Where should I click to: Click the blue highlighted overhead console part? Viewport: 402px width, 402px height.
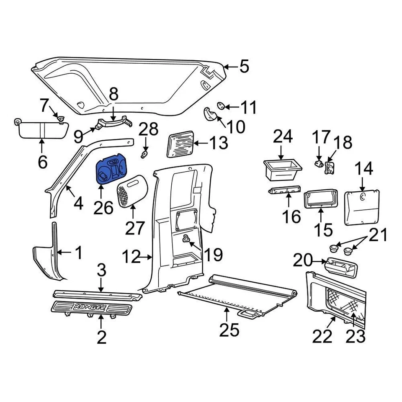(x=111, y=171)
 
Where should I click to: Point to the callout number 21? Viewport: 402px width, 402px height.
(x=378, y=235)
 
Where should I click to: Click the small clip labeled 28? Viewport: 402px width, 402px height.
(x=144, y=155)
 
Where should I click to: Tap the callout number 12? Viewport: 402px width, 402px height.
(x=131, y=257)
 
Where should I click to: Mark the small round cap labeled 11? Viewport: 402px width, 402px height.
(x=222, y=106)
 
